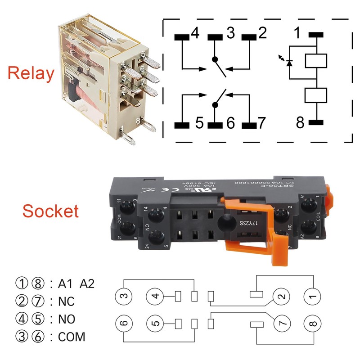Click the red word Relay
coord(31,73)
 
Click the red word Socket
coord(51,211)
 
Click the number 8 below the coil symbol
coord(300,122)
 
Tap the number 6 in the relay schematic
coord(231,123)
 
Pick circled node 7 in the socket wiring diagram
coord(282,323)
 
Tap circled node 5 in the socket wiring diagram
coord(155,323)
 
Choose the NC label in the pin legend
coord(67,301)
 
